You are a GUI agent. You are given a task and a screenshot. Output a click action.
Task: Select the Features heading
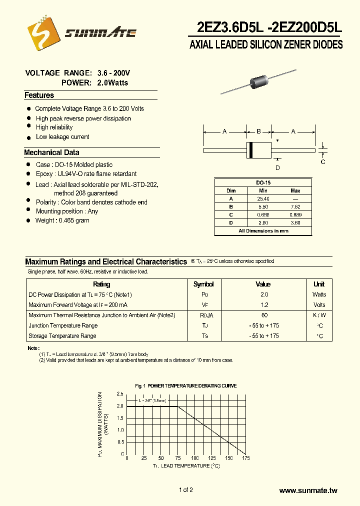(39, 95)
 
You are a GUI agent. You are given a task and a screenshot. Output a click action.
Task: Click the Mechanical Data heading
(51, 152)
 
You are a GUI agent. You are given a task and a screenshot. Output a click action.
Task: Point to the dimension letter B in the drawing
(258, 131)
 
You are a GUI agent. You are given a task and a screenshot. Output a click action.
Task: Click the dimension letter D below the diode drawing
(277, 167)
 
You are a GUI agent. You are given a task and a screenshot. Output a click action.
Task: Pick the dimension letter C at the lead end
(323, 161)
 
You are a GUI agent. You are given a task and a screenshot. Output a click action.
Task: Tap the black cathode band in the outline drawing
(251, 149)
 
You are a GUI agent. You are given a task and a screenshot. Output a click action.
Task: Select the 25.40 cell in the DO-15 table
(263, 198)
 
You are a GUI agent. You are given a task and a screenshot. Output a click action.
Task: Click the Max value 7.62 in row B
(295, 206)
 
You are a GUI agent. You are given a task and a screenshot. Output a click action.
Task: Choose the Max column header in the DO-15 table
(295, 190)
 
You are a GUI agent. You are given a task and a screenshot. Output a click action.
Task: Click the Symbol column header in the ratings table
(203, 284)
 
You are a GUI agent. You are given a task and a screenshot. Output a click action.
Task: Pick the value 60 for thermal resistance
(264, 315)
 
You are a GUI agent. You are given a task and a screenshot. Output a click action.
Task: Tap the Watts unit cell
(319, 294)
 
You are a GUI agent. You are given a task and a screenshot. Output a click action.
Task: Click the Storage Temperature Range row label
(62, 336)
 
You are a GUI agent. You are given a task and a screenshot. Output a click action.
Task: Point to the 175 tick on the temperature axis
(246, 458)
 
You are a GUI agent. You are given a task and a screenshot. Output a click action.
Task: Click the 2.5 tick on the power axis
(120, 393)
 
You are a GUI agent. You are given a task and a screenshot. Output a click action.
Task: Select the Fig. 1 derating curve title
(186, 386)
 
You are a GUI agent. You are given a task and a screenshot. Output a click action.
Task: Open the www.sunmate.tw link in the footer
(308, 490)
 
